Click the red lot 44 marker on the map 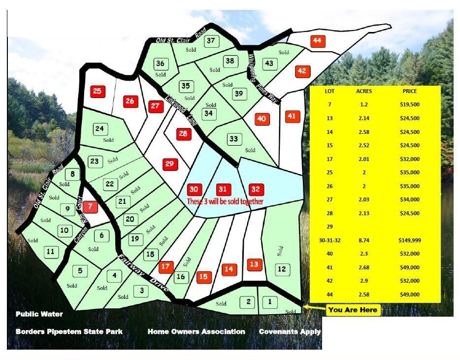pyautogui.click(x=318, y=41)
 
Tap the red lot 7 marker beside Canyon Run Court pyautogui.click(x=91, y=207)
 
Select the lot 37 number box pyautogui.click(x=211, y=40)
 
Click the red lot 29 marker pyautogui.click(x=170, y=164)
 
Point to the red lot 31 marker pyautogui.click(x=223, y=190)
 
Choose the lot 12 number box pyautogui.click(x=282, y=269)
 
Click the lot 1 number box pyautogui.click(x=270, y=301)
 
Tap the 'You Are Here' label pyautogui.click(x=353, y=310)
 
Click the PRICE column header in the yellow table pyautogui.click(x=409, y=91)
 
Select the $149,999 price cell pyautogui.click(x=409, y=240)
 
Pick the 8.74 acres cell pyautogui.click(x=364, y=240)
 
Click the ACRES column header pyautogui.click(x=364, y=91)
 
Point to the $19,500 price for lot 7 pyautogui.click(x=409, y=104)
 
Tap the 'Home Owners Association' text pyautogui.click(x=196, y=331)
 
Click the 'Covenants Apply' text pyautogui.click(x=290, y=331)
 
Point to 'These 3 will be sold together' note pyautogui.click(x=225, y=201)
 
